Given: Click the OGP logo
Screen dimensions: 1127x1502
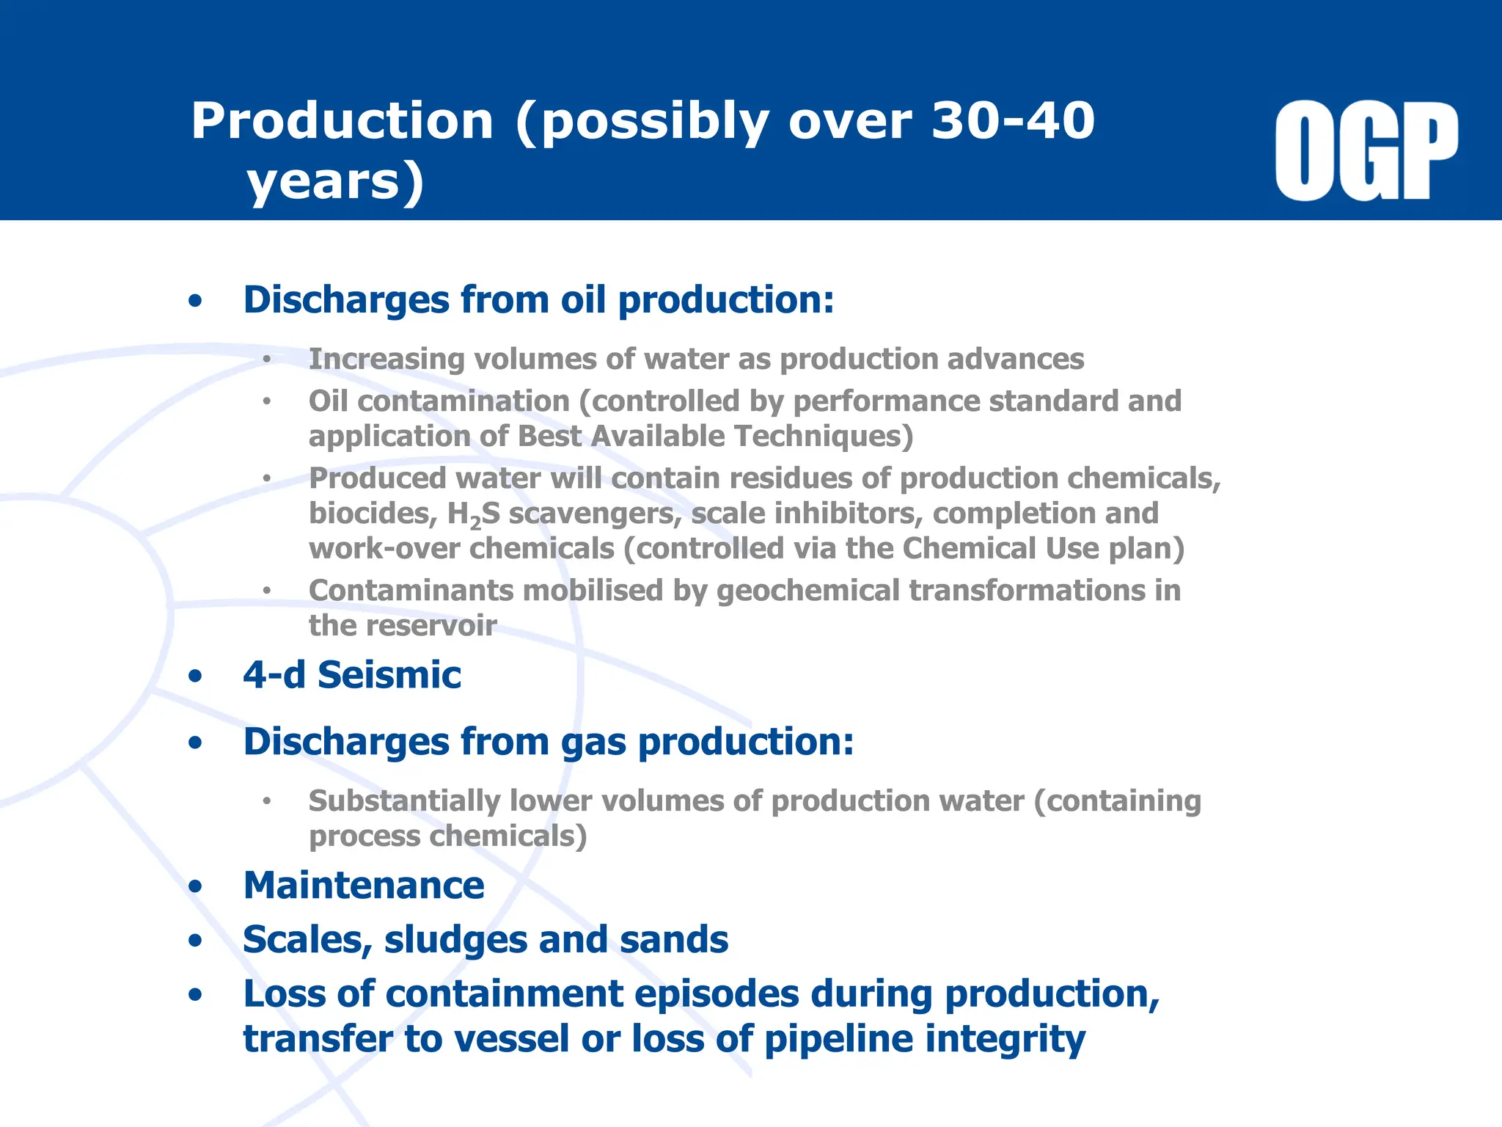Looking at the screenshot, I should pyautogui.click(x=1366, y=151).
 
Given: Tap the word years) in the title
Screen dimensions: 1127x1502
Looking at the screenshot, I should pyautogui.click(x=336, y=181).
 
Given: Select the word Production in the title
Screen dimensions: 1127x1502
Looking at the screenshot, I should pyautogui.click(x=342, y=121).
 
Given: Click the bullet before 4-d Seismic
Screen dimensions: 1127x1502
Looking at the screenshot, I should pyautogui.click(x=195, y=676).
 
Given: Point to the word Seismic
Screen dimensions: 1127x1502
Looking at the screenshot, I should pyautogui.click(x=389, y=675).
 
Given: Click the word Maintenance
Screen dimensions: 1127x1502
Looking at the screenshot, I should pyautogui.click(x=364, y=886).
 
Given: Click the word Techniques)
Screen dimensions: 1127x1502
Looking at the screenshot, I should pyautogui.click(x=824, y=437).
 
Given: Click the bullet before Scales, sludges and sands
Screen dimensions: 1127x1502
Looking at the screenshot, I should pyautogui.click(x=195, y=941).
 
